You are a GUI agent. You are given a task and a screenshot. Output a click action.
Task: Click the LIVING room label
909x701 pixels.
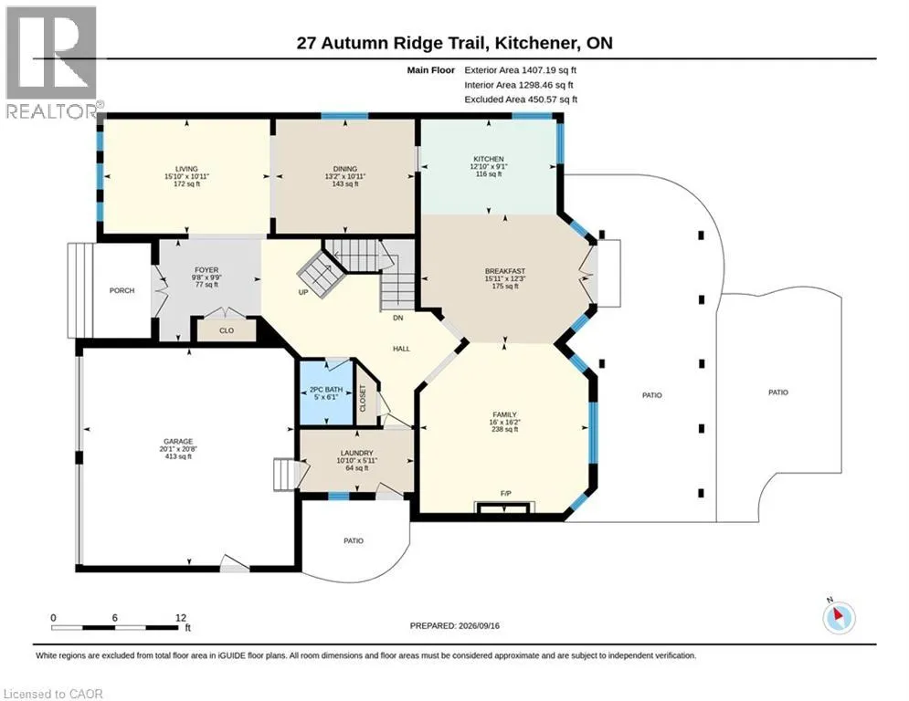click(186, 169)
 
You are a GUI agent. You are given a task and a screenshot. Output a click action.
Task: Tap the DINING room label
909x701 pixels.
click(345, 169)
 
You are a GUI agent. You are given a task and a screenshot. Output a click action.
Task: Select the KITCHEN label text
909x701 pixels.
click(489, 159)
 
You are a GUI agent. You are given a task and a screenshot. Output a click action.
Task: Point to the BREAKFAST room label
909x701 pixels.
click(505, 271)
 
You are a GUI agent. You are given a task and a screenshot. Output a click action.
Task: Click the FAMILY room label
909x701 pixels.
click(504, 414)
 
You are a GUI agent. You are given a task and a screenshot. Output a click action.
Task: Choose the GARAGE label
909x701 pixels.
click(178, 442)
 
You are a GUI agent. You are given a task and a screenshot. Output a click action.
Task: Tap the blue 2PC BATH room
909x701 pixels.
click(325, 392)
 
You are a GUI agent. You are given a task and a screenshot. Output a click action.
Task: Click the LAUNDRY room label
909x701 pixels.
click(356, 453)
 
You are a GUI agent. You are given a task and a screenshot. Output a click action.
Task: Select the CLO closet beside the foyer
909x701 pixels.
click(227, 330)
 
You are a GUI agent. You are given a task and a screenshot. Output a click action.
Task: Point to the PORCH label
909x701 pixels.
click(122, 290)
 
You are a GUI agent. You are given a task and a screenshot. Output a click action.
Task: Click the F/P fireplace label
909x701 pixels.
click(505, 494)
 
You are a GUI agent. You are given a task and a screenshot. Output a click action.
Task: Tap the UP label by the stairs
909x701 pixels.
click(303, 293)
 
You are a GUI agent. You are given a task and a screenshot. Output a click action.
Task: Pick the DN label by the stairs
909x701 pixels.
click(397, 318)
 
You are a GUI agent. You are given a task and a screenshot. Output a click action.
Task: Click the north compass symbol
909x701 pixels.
click(839, 617)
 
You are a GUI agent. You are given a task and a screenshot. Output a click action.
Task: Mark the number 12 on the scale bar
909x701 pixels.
click(180, 618)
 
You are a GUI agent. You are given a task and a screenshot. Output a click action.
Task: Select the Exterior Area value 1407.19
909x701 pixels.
click(539, 70)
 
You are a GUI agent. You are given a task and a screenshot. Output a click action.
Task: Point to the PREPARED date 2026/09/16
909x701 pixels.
click(479, 625)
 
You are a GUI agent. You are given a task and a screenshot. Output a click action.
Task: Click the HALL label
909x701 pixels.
click(401, 349)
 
